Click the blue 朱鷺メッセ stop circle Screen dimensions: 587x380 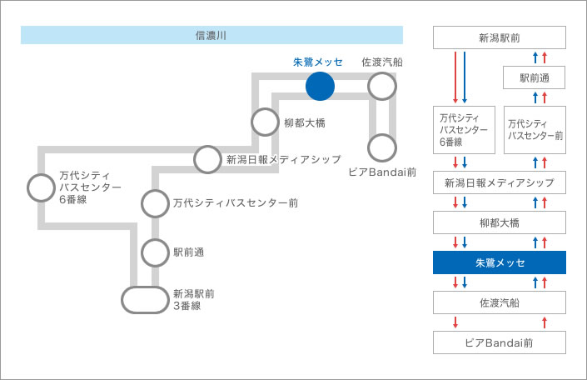pyautogui.click(x=320, y=86)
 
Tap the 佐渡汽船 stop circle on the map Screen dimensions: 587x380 pyautogui.click(x=382, y=72)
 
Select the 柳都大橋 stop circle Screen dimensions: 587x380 pyautogui.click(x=265, y=108)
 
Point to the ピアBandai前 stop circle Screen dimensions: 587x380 pyautogui.click(x=382, y=134)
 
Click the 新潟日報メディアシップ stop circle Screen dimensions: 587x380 pyautogui.click(x=207, y=146)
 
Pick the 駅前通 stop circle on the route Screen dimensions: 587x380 pyautogui.click(x=155, y=240)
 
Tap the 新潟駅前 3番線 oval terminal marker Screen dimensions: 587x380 pyautogui.click(x=145, y=287)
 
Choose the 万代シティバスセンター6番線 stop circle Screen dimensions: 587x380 pyautogui.click(x=41, y=174)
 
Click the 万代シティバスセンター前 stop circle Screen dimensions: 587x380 pyautogui.click(x=155, y=190)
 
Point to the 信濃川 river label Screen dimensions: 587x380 pyautogui.click(x=211, y=35)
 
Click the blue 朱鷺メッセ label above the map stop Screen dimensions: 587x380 pyautogui.click(x=318, y=62)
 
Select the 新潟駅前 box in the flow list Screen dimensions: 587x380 pyautogui.click(x=500, y=37)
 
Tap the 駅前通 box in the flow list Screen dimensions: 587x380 pyautogui.click(x=535, y=77)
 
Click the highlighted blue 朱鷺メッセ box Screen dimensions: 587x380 pyautogui.click(x=500, y=262)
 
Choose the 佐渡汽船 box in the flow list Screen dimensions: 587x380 pyautogui.click(x=500, y=302)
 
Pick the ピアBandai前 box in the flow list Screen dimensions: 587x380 pyautogui.click(x=500, y=342)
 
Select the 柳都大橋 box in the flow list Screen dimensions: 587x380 pyautogui.click(x=500, y=222)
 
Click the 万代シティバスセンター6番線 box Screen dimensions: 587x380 pyautogui.click(x=465, y=130)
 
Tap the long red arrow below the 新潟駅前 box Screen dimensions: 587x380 pyautogui.click(x=455, y=77)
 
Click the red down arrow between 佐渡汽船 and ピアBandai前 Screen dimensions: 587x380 pyautogui.click(x=455, y=322)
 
